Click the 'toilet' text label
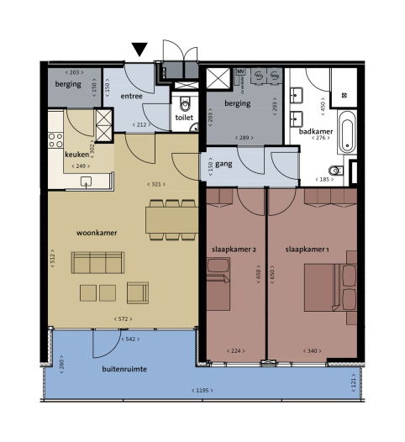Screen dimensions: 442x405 pyautogui.click(x=185, y=118)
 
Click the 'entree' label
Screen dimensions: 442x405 pyautogui.click(x=132, y=97)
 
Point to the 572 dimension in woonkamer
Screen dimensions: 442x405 pyautogui.click(x=123, y=318)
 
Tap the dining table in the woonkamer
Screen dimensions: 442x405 pyautogui.click(x=171, y=218)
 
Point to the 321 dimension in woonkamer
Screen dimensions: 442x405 pyautogui.click(x=155, y=183)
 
